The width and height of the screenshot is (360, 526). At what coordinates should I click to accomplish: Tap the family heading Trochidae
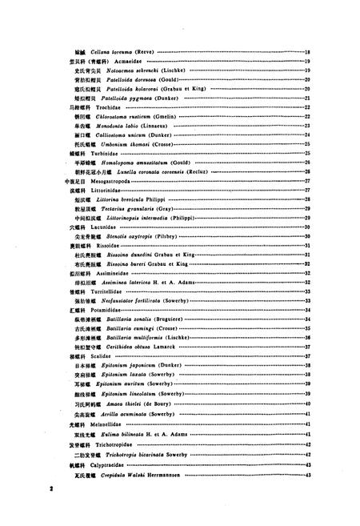97,106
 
